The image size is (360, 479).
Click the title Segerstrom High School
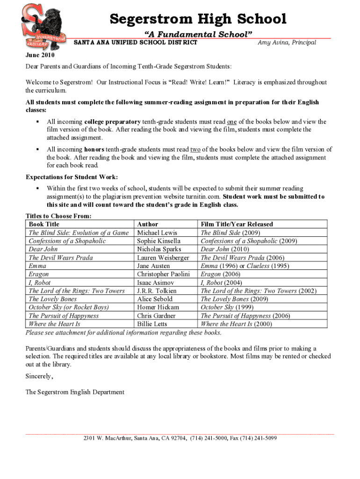click(198, 19)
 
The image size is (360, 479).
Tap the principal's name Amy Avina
click(287, 43)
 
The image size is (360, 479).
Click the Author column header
click(148, 224)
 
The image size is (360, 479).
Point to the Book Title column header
click(44, 224)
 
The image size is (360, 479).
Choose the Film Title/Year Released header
click(237, 224)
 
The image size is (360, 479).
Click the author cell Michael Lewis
click(157, 232)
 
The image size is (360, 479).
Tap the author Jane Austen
click(153, 266)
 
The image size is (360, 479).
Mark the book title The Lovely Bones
click(52, 299)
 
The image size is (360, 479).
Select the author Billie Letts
click(152, 324)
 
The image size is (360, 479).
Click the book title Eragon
click(39, 274)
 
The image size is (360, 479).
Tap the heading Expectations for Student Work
click(72, 177)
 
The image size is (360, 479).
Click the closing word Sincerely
click(39, 376)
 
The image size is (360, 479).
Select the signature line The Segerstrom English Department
click(75, 392)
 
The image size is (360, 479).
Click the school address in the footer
click(180, 438)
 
